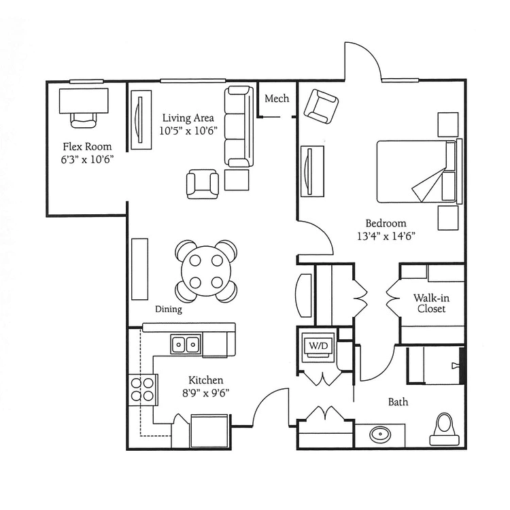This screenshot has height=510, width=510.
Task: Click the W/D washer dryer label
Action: [x=318, y=345]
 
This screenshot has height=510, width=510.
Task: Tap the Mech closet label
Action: [x=277, y=98]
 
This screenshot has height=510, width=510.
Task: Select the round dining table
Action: [x=206, y=271]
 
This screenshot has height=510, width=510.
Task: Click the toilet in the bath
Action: [x=445, y=429]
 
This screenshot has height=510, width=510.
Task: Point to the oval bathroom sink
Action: [x=379, y=434]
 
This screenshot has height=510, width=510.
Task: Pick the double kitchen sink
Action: [x=186, y=343]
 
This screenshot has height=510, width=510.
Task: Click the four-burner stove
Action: [x=143, y=390]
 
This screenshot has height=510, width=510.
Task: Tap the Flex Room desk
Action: [x=84, y=101]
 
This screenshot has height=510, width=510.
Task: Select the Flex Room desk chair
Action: [x=84, y=120]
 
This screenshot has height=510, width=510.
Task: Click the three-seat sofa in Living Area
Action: [x=239, y=126]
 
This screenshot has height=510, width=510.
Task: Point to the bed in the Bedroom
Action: [x=420, y=171]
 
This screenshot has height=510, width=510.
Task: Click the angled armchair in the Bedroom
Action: [x=321, y=106]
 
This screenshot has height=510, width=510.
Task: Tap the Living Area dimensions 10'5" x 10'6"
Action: [x=188, y=131]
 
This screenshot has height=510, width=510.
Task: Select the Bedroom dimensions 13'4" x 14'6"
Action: [x=386, y=236]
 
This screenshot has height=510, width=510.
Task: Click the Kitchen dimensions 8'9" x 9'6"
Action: [x=205, y=393]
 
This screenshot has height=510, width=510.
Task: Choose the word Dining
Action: [x=169, y=309]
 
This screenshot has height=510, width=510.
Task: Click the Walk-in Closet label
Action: [x=431, y=303]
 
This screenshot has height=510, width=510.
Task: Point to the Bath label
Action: [x=398, y=402]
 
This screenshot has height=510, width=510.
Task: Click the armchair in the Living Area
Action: [x=203, y=184]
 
